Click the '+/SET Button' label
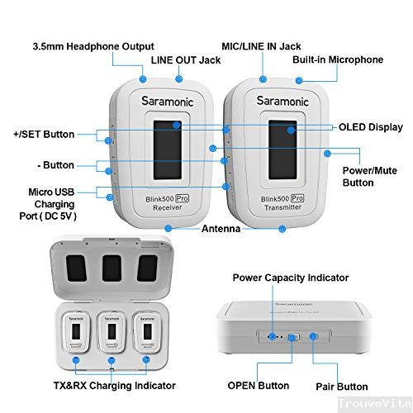(x=43, y=134)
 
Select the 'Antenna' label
(x=221, y=228)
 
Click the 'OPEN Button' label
(x=259, y=386)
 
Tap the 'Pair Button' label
(x=340, y=386)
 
